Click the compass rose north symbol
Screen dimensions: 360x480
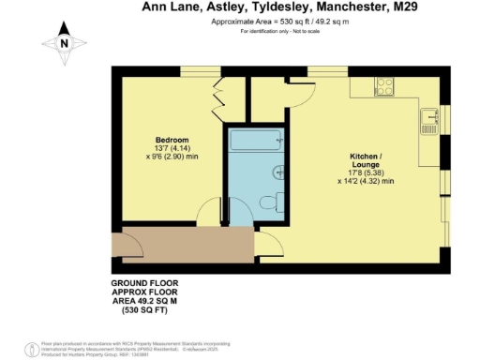(62, 42)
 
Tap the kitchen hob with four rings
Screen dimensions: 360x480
(384, 85)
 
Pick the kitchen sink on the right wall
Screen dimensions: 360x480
(433, 119)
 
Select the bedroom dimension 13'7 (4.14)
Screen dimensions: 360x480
(172, 150)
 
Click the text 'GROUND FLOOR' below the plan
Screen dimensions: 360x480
(144, 282)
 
